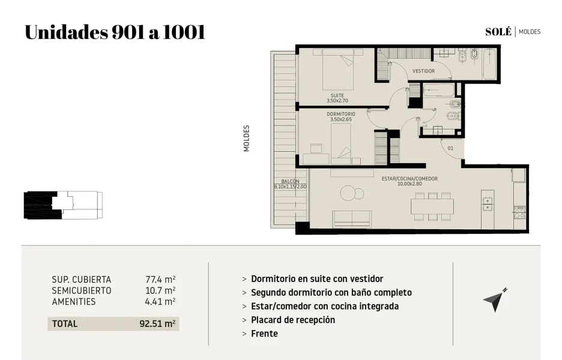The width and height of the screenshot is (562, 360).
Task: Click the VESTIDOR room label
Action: click(423, 71)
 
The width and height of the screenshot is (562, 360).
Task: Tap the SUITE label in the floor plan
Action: click(337, 95)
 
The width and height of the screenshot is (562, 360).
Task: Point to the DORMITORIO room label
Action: click(341, 114)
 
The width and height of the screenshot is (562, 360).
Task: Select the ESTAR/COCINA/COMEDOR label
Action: click(409, 178)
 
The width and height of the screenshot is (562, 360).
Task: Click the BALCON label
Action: click(291, 181)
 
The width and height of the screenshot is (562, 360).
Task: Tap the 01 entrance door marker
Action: click(450, 148)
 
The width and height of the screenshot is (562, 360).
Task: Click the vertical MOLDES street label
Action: click(247, 138)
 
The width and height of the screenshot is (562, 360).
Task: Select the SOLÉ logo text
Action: click(498, 32)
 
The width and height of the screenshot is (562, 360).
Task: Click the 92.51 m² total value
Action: click(157, 324)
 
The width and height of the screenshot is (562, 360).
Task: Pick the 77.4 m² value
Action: click(160, 280)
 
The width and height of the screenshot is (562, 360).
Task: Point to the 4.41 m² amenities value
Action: click(160, 302)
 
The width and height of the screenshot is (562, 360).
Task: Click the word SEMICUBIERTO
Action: click(82, 290)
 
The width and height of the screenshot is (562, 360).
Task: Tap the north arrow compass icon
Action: click(495, 300)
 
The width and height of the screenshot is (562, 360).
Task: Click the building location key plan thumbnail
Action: click(63, 205)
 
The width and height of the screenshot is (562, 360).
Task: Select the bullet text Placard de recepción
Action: click(293, 320)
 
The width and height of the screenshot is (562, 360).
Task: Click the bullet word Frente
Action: click(264, 334)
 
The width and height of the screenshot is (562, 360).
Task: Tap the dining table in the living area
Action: click(432, 206)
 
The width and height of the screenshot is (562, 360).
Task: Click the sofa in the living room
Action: click(352, 219)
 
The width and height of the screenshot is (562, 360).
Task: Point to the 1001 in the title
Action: click(184, 32)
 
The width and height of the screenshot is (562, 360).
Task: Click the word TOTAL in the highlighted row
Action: click(64, 324)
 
